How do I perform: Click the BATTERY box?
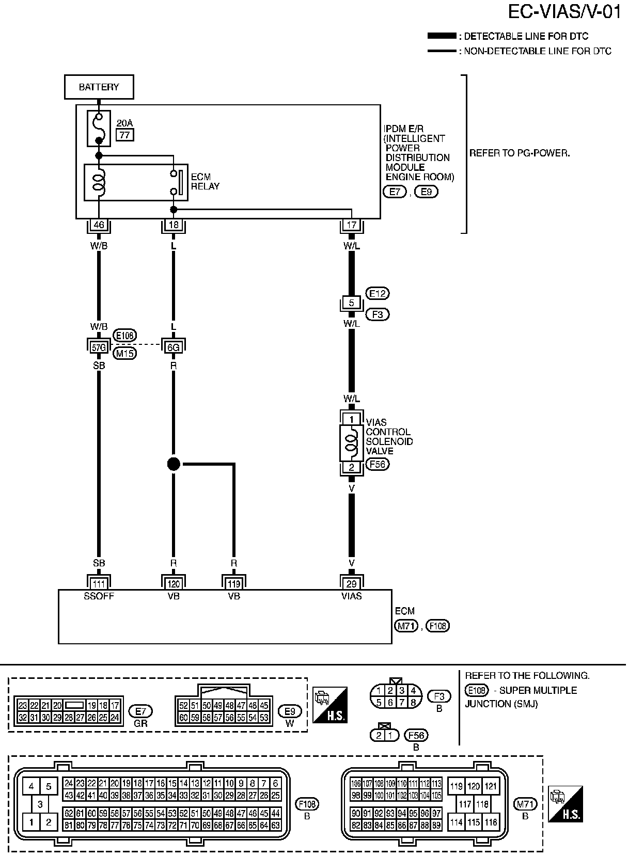tap(99, 87)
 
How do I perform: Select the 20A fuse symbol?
tap(99, 128)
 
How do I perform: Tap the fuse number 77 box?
tap(124, 135)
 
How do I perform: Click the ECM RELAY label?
tap(205, 182)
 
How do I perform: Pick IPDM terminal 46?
tap(99, 225)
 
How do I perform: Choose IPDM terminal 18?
tap(174, 225)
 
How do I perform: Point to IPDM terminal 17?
tap(352, 225)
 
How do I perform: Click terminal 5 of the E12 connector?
tap(352, 303)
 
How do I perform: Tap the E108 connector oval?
tap(124, 335)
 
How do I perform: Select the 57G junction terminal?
tap(99, 347)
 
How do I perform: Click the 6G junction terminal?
tap(174, 347)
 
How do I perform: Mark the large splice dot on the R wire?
tap(174, 464)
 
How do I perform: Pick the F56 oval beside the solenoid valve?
tap(378, 464)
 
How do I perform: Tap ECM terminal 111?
tap(99, 584)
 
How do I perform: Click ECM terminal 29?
tap(352, 584)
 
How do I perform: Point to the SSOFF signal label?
tap(99, 596)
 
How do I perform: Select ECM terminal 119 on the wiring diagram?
tap(234, 584)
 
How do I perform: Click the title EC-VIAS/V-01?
tap(564, 12)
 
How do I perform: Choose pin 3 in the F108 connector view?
tap(40, 804)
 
